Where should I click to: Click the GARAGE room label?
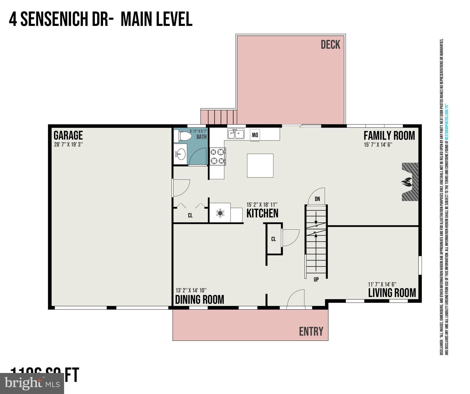68,135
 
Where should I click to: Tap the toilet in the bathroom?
183,136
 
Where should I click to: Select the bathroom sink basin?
181,154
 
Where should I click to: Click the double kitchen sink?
236,134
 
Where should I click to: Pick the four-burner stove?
218,156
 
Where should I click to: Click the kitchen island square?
260,165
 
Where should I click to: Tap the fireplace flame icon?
407,182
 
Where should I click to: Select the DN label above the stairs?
317,199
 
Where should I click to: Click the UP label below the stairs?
316,279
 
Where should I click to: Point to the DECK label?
330,45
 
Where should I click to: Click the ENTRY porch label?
311,331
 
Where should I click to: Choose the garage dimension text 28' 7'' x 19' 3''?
68,144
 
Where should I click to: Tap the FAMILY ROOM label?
389,136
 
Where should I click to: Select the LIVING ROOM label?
392,293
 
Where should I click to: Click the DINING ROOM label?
199,299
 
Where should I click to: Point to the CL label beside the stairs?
273,239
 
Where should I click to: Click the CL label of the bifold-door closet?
190,215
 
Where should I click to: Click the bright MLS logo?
32,383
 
